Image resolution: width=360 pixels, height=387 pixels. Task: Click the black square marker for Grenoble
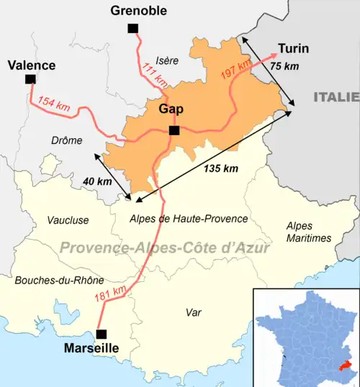[132, 28]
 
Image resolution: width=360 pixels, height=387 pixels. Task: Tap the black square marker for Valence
[30, 79]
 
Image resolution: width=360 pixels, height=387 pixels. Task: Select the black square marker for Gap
[174, 130]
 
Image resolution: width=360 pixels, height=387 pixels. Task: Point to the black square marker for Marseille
[102, 333]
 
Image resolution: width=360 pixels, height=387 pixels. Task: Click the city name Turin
[294, 49]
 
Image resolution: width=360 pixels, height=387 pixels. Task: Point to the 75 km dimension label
[284, 66]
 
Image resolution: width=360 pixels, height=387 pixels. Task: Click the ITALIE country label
[336, 96]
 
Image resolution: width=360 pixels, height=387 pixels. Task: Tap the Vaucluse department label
[68, 219]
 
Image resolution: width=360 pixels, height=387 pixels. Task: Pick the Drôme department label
[66, 140]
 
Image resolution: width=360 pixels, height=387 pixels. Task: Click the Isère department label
[166, 61]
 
